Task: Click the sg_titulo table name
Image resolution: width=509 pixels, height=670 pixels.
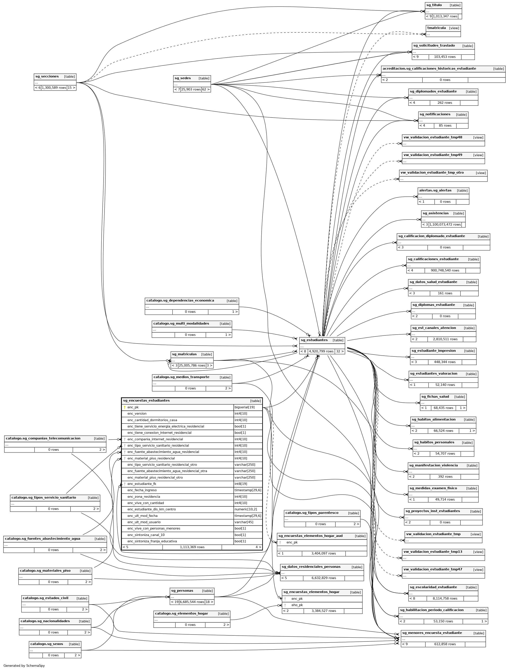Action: [434, 5]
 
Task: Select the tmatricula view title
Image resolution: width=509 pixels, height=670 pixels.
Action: [436, 28]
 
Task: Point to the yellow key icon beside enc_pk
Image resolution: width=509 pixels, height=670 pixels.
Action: [124, 407]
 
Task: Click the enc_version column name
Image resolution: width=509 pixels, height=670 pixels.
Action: [137, 414]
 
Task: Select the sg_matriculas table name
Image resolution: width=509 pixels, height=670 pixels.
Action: [184, 354]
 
